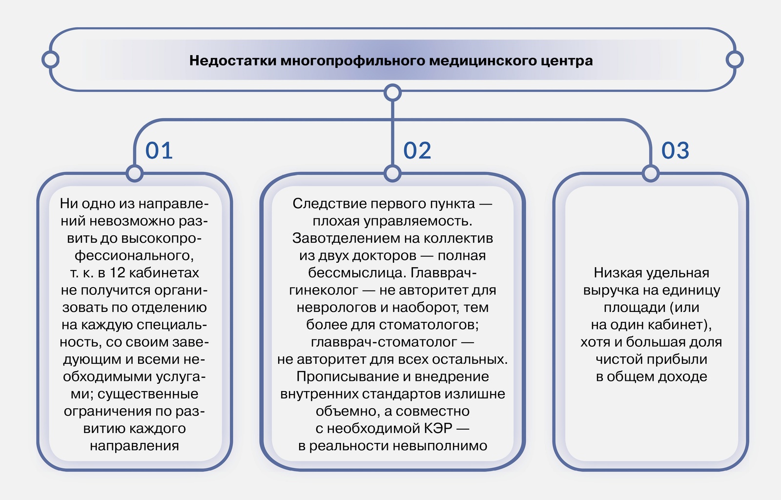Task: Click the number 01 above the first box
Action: (x=159, y=150)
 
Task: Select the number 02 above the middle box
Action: (x=417, y=150)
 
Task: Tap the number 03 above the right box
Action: (x=676, y=150)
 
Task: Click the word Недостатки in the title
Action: (x=233, y=61)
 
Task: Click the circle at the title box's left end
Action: (x=50, y=60)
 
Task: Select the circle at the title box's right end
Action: (x=735, y=60)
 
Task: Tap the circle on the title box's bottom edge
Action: (x=392, y=93)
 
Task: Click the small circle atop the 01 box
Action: (x=135, y=173)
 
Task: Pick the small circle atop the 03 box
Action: (x=651, y=173)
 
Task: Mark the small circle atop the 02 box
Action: (x=392, y=173)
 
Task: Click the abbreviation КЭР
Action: (x=438, y=428)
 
